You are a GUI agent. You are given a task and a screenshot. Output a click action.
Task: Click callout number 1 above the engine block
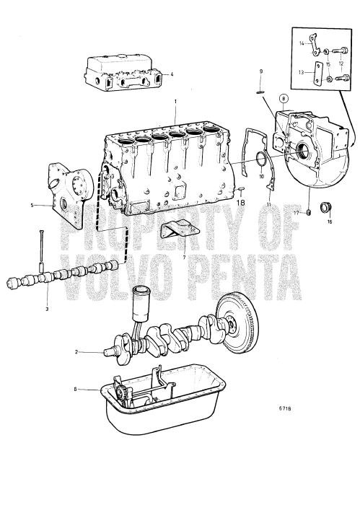pos(175,104)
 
